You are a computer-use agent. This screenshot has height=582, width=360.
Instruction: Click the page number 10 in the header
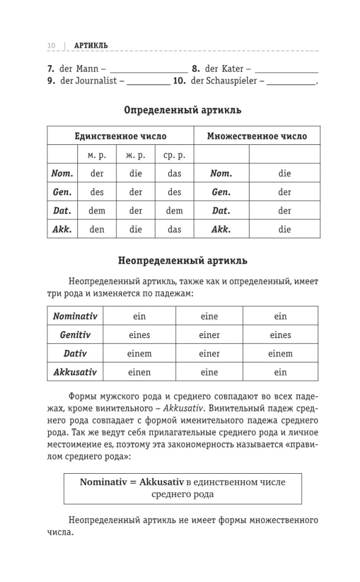[51, 45]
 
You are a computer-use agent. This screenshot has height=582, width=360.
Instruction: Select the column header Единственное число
[120, 136]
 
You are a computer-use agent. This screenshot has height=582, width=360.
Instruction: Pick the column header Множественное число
[257, 136]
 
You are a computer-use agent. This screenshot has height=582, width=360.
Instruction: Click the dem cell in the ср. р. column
[174, 211]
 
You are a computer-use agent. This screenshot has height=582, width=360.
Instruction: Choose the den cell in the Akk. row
[97, 229]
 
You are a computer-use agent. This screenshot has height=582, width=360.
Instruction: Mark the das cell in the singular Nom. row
[174, 173]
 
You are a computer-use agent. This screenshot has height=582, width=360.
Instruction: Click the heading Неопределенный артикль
[183, 261]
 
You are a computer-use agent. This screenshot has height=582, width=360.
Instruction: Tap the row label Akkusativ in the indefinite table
[75, 372]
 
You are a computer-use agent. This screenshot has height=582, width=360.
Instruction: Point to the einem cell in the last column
[280, 353]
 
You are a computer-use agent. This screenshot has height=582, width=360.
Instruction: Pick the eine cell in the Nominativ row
[209, 316]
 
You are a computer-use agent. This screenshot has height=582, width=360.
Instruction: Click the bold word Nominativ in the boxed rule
[102, 482]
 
